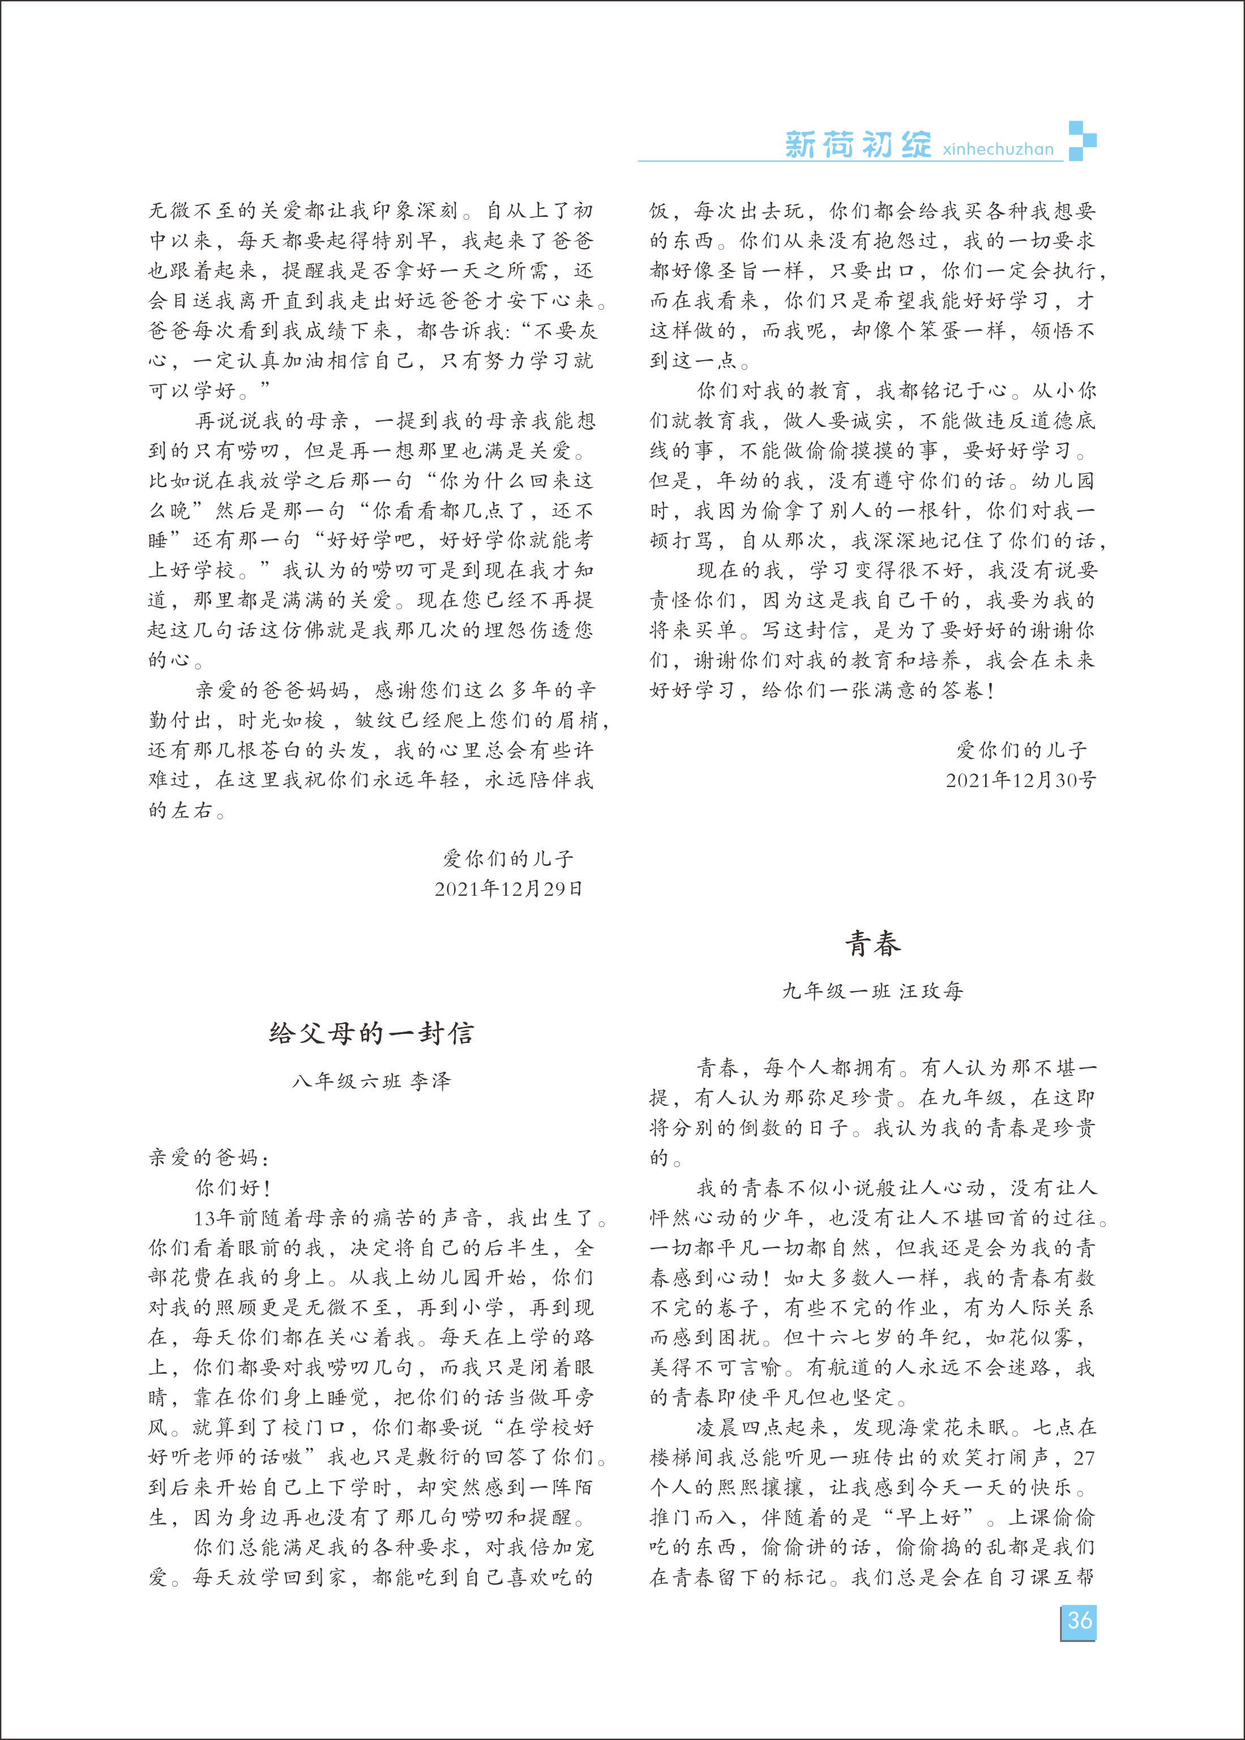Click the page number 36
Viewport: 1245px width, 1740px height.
tap(1080, 1621)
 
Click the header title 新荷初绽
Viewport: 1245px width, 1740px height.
tap(858, 144)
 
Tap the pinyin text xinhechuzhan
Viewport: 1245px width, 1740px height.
tap(998, 149)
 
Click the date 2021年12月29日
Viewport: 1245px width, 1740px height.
tap(508, 889)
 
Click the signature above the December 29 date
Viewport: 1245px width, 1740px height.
tap(508, 858)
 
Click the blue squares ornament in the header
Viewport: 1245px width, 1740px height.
tap(1082, 141)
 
